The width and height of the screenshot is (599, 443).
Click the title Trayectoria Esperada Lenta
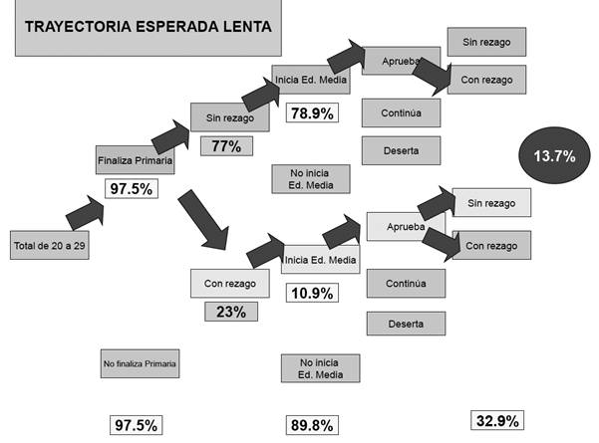tap(146, 27)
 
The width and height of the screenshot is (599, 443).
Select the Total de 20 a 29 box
tap(49, 245)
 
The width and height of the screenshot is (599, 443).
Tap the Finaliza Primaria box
tap(136, 159)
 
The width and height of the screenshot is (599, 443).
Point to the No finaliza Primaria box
tap(140, 364)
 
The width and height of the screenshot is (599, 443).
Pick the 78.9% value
tap(310, 112)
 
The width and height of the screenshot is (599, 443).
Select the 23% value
tap(230, 311)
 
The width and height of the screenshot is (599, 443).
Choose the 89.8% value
tap(307, 424)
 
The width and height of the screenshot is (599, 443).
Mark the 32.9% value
tap(497, 421)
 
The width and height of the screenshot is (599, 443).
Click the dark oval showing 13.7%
tap(555, 155)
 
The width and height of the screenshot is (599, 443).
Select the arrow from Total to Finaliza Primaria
tap(84, 212)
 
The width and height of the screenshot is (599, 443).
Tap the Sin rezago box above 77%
tap(230, 118)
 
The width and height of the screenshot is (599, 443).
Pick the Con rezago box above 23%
tap(230, 284)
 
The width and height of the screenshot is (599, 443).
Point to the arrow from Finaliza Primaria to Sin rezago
tap(170, 136)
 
